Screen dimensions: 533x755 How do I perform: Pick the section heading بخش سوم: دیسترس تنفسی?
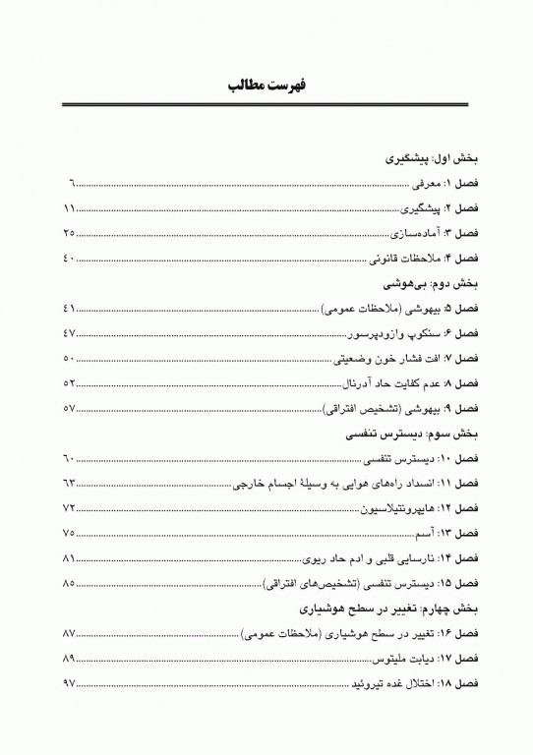416,433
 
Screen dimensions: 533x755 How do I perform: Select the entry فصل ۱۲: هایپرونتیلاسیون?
404,508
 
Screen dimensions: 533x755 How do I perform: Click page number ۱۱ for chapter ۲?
68,209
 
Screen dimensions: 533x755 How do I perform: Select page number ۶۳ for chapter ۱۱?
68,483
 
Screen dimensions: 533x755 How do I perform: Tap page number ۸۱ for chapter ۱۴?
68,558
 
